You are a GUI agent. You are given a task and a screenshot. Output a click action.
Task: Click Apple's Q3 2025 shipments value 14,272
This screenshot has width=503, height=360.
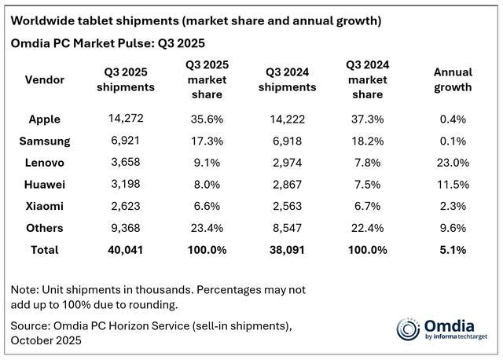(x=127, y=119)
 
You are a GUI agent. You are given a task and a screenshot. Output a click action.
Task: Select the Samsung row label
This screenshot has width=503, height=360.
(x=50, y=141)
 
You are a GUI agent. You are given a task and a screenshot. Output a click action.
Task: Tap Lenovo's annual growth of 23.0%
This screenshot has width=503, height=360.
(x=453, y=163)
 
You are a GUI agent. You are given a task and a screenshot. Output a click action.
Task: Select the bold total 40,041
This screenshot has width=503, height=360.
(x=127, y=249)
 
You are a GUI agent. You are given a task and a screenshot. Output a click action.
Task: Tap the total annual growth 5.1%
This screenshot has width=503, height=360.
(x=453, y=249)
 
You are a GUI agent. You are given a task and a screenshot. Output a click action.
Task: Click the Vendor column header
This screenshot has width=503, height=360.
(x=46, y=79)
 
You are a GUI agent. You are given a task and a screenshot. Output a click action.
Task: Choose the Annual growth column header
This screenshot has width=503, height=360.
(x=453, y=79)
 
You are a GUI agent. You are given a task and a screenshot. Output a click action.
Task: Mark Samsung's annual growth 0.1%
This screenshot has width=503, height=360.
(x=453, y=141)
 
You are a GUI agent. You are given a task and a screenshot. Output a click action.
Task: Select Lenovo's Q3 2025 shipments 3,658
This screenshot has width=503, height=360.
(x=127, y=163)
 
